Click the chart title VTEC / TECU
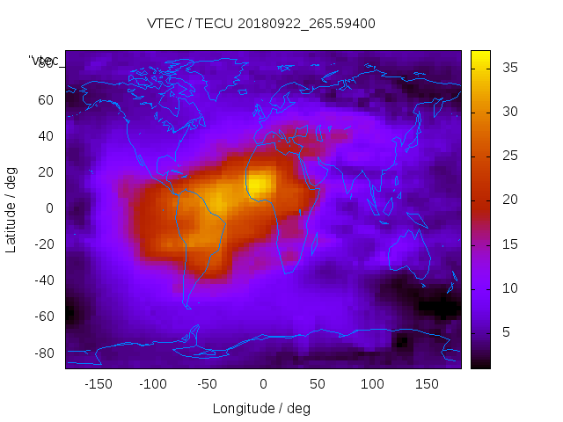pyautogui.click(x=261, y=24)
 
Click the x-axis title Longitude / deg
pyautogui.click(x=261, y=408)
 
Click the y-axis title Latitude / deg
pyautogui.click(x=11, y=209)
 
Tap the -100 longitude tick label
pyautogui.click(x=152, y=384)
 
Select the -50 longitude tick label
pyautogui.click(x=208, y=384)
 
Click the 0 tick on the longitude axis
pyautogui.click(x=262, y=384)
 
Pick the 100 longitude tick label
pyautogui.click(x=372, y=384)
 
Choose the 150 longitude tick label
pyautogui.click(x=427, y=384)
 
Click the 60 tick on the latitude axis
pyautogui.click(x=46, y=99)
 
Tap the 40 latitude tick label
pyautogui.click(x=46, y=135)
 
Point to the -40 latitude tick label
pyautogui.click(x=43, y=280)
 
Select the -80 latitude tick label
pyautogui.click(x=43, y=353)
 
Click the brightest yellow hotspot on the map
pyautogui.click(x=259, y=184)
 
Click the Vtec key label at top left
pyautogui.click(x=44, y=61)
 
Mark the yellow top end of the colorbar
pyautogui.click(x=480, y=58)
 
